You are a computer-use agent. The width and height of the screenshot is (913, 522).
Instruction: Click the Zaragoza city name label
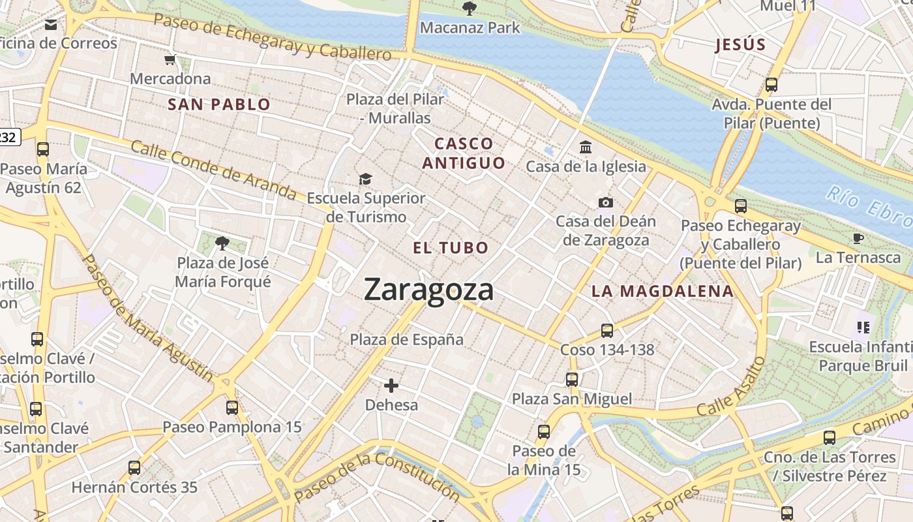pyautogui.click(x=428, y=289)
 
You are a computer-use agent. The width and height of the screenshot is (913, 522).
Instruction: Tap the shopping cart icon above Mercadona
pyautogui.click(x=170, y=60)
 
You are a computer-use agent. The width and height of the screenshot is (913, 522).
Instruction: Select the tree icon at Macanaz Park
pyautogui.click(x=468, y=8)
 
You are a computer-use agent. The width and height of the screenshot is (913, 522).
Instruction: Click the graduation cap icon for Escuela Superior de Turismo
pyautogui.click(x=365, y=179)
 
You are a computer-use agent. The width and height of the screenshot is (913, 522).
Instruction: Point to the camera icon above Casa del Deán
pyautogui.click(x=606, y=202)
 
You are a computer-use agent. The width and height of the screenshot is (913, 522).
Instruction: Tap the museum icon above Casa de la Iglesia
pyautogui.click(x=586, y=147)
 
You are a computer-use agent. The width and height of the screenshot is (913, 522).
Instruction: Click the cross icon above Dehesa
pyautogui.click(x=391, y=385)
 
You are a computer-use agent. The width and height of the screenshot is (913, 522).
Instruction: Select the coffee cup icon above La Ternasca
pyautogui.click(x=858, y=238)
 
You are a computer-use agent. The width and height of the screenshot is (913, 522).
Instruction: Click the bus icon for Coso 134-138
pyautogui.click(x=607, y=331)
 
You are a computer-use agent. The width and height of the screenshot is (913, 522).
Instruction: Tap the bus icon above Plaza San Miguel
pyautogui.click(x=572, y=379)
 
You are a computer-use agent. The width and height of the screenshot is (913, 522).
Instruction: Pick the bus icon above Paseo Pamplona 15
pyautogui.click(x=232, y=408)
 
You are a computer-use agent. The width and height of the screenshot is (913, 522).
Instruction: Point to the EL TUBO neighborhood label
pyautogui.click(x=451, y=248)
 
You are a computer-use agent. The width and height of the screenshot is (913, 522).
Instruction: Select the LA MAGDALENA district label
pyautogui.click(x=663, y=292)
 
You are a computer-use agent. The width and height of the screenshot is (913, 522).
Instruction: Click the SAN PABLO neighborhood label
pyautogui.click(x=219, y=104)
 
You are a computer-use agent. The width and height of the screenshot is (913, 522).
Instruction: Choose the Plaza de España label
pyautogui.click(x=407, y=339)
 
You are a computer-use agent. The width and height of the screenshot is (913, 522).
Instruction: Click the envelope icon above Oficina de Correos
pyautogui.click(x=51, y=25)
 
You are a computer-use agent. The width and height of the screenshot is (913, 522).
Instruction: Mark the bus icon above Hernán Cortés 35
pyautogui.click(x=134, y=468)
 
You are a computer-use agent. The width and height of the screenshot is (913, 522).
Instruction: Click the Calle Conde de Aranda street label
pyautogui.click(x=213, y=170)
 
